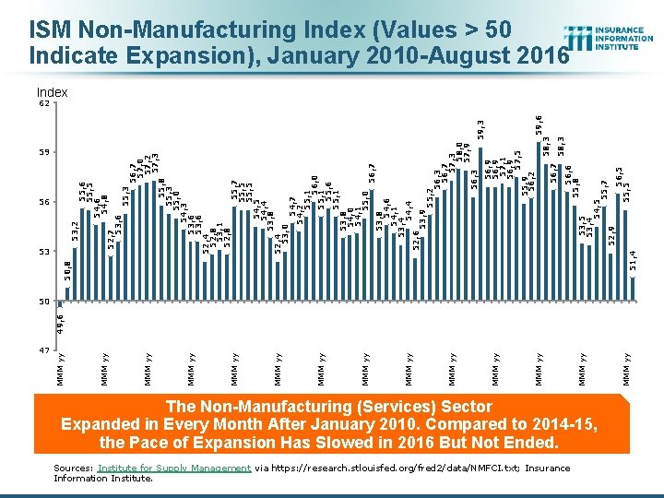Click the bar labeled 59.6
click(x=540, y=221)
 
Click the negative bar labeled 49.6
click(x=60, y=303)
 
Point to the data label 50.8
click(x=67, y=270)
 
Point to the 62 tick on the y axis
click(x=42, y=102)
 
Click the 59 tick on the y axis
click(x=42, y=152)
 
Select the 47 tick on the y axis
click(x=42, y=350)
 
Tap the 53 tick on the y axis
click(x=42, y=252)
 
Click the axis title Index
click(x=52, y=92)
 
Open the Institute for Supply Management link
click(x=174, y=468)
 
